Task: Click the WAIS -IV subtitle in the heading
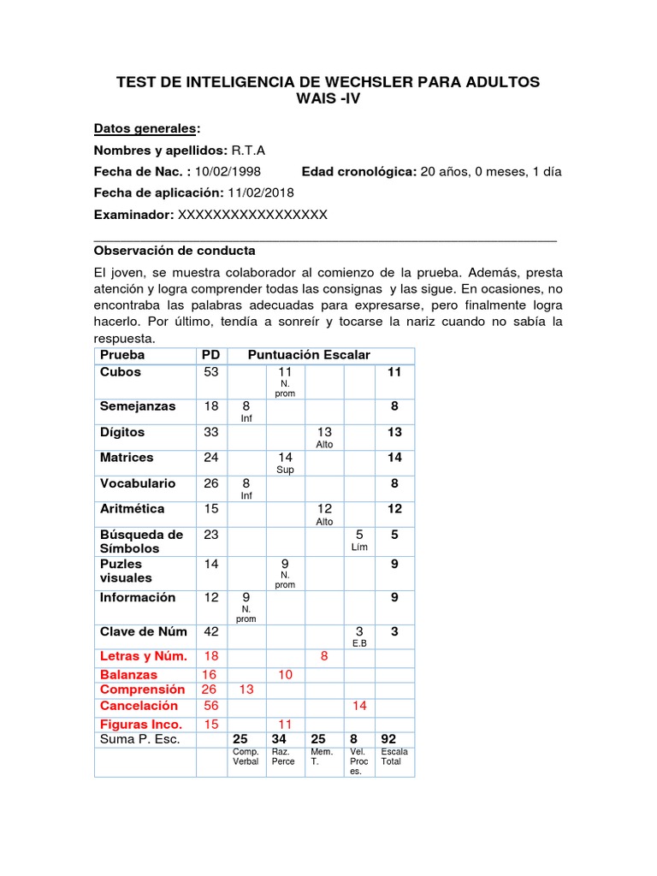pyautogui.click(x=328, y=98)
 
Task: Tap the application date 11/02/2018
pyautogui.click(x=262, y=192)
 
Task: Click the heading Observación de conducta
pyautogui.click(x=175, y=252)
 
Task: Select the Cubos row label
pyautogui.click(x=121, y=372)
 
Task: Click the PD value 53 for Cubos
pyautogui.click(x=210, y=372)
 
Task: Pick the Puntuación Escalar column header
pyautogui.click(x=309, y=354)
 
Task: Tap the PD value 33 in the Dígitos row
pyautogui.click(x=210, y=432)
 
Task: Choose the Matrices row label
pyautogui.click(x=127, y=458)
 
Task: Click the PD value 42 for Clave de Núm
pyautogui.click(x=210, y=632)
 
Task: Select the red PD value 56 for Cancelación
pyautogui.click(x=210, y=706)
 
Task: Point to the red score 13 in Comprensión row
pyautogui.click(x=246, y=690)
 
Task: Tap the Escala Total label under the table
pyautogui.click(x=394, y=756)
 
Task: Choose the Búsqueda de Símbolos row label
pyautogui.click(x=141, y=542)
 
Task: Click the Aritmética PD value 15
pyautogui.click(x=210, y=509)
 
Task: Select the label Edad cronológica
pyautogui.click(x=358, y=171)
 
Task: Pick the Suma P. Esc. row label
pyautogui.click(x=140, y=739)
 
